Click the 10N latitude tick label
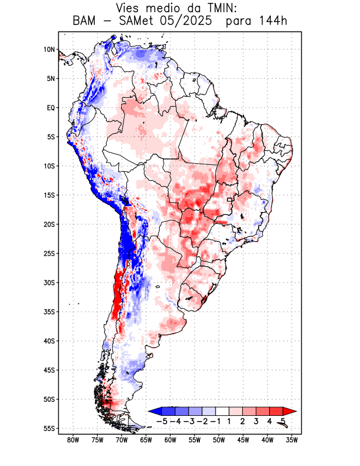(x=49, y=50)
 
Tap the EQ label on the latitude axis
(x=50, y=108)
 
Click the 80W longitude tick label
(x=73, y=441)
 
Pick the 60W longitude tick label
(x=170, y=441)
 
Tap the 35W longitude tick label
(x=291, y=441)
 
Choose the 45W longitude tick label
(x=243, y=441)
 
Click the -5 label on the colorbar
(x=162, y=421)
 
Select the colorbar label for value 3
(x=256, y=421)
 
